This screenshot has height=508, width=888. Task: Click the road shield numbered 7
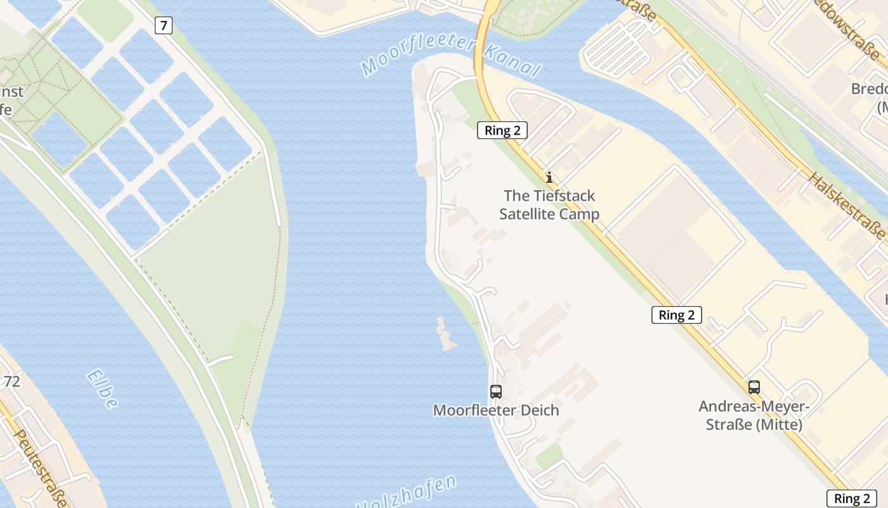[163, 26]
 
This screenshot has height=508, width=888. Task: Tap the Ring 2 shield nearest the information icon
[502, 131]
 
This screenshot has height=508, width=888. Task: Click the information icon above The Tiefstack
[549, 177]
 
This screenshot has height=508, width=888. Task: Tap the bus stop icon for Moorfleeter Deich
[495, 392]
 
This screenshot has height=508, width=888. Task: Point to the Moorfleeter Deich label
[496, 410]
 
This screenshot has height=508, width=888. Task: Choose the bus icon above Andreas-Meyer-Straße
[754, 387]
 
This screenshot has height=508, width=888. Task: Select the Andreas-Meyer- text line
[754, 406]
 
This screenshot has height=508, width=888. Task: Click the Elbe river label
[103, 389]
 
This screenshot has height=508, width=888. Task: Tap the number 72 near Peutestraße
[11, 382]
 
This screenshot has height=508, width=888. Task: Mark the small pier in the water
[447, 333]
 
